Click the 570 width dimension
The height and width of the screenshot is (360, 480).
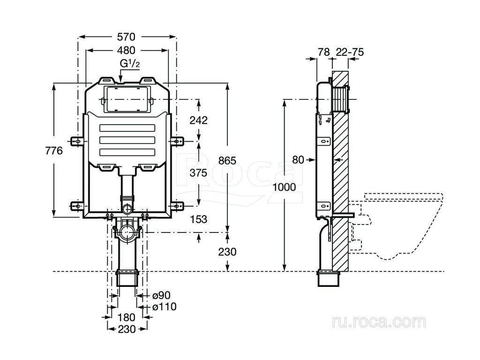[126, 37]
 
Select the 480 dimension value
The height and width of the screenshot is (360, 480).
[126, 50]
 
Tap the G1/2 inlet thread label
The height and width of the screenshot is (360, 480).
[129, 64]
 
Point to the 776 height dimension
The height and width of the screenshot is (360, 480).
[54, 150]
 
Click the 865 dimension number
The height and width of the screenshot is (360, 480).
[227, 160]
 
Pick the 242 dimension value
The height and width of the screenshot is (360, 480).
[198, 120]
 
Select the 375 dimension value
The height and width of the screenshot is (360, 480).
[198, 173]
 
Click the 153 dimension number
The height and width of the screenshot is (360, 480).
[198, 219]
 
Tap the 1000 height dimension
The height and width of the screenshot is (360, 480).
[284, 187]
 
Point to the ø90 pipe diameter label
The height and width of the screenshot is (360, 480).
[161, 295]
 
